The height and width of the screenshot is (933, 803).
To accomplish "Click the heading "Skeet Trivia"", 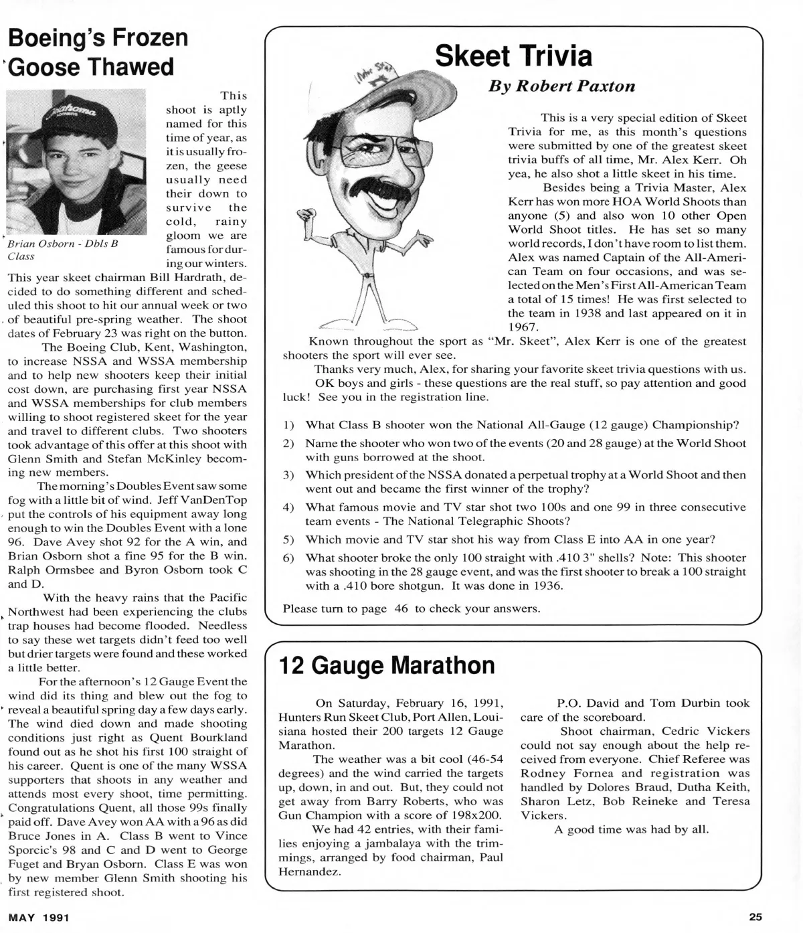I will click(x=513, y=56).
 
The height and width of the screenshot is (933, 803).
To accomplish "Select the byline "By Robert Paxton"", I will click(x=562, y=86).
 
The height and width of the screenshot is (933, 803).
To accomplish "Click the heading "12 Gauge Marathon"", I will click(x=386, y=665).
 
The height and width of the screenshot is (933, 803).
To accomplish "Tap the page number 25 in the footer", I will click(x=755, y=917).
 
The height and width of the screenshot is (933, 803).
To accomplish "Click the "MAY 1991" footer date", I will click(x=39, y=917).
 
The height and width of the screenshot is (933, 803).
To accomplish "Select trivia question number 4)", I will click(x=289, y=507).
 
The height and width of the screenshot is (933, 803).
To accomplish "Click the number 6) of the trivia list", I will click(x=289, y=558).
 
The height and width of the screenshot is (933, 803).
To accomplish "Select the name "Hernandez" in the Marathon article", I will click(x=308, y=871).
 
